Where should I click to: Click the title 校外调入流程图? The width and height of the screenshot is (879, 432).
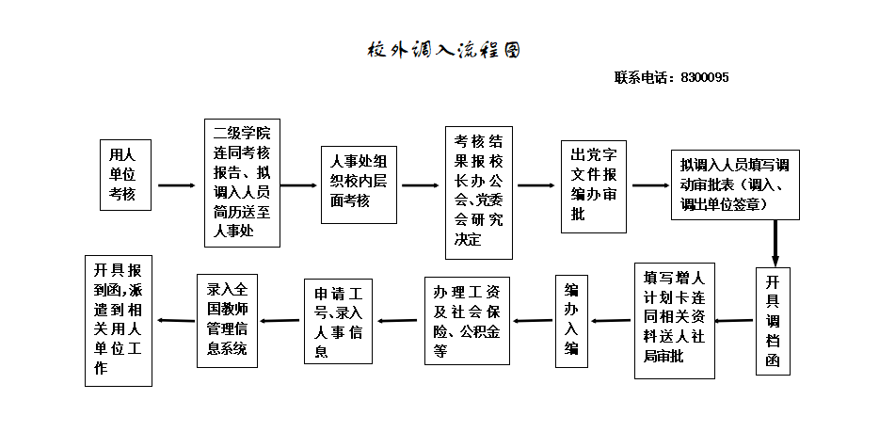tap(442, 50)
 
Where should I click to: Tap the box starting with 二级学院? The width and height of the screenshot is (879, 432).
tap(242, 183)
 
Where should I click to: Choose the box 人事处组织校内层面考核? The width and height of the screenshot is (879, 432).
tap(359, 184)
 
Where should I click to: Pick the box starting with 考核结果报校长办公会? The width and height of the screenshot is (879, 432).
tap(478, 192)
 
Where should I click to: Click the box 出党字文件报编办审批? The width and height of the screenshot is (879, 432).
tap(593, 187)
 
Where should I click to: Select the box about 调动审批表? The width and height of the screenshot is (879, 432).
tap(735, 184)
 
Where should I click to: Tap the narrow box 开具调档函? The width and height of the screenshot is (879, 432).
tap(773, 322)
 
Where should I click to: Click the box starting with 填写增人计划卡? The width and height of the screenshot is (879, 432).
tap(675, 320)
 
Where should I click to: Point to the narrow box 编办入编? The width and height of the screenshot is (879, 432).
tap(571, 321)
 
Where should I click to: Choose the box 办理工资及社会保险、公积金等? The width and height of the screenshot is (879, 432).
tap(467, 321)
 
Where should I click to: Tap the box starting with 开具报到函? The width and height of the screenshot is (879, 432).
tap(118, 320)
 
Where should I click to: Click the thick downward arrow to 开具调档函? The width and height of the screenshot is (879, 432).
tap(775, 243)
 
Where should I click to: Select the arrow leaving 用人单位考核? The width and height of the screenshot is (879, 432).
tap(176, 185)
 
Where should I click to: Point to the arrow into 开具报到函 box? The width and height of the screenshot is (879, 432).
tap(175, 321)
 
